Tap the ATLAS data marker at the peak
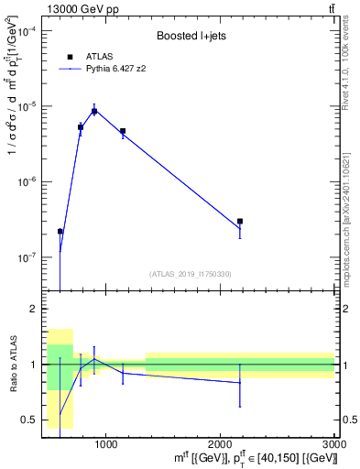coord(94,111)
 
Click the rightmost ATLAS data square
coord(240,221)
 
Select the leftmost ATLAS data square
coord(60,232)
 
